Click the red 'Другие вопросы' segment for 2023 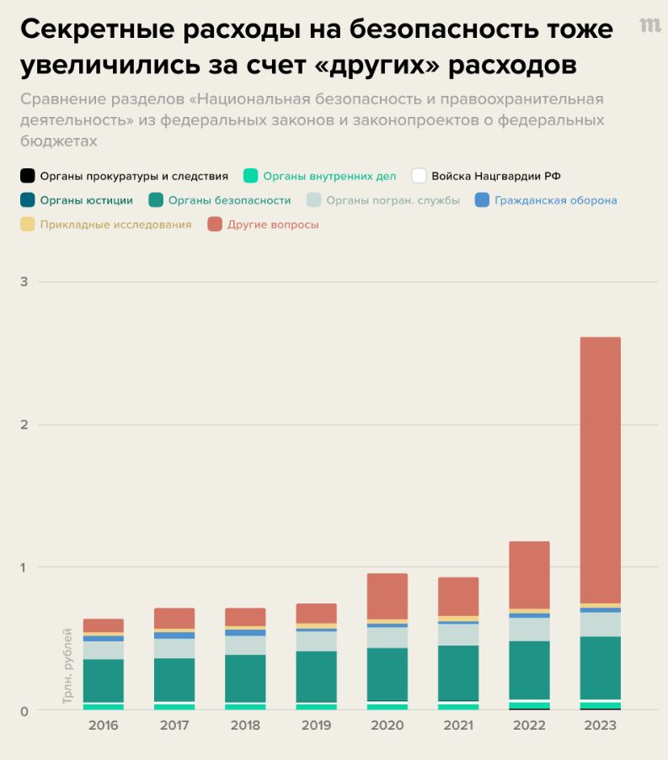coord(600,470)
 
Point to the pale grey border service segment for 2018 coord(245,645)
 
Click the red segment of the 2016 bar coord(104,625)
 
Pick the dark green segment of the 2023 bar coord(600,667)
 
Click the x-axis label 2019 coord(316,725)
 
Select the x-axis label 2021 coord(458,725)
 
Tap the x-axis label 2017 coord(174,725)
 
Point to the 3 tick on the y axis coord(24,281)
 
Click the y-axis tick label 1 coord(24,567)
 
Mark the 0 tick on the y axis coord(24,710)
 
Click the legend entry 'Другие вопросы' coord(273,225)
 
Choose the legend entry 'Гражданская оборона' coord(555,200)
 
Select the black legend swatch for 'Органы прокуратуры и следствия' coord(28,176)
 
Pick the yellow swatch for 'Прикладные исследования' coord(28,225)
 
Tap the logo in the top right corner coord(649,25)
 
